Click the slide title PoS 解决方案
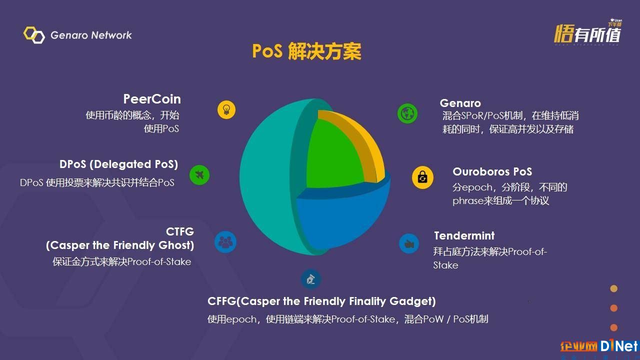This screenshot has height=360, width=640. tap(306, 51)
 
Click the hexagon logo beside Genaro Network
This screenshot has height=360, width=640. tap(34, 35)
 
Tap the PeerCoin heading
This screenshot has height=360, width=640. tap(152, 99)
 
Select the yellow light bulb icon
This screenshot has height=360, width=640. tap(226, 109)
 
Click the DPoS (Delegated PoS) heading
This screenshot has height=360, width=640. tap(118, 164)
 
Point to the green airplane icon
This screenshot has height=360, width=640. tap(199, 175)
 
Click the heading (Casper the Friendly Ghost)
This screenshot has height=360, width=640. tap(120, 245)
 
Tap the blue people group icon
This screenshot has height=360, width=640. tap(225, 242)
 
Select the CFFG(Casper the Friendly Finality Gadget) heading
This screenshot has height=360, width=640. tap(321, 301)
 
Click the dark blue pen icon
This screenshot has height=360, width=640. tap(311, 279)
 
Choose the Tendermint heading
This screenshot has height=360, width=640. tap(464, 235)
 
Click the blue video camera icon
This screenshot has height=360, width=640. tap(409, 243)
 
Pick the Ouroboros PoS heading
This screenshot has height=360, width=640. tap(492, 171)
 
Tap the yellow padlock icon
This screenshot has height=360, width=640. tap(422, 177)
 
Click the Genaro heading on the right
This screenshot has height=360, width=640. tap(460, 103)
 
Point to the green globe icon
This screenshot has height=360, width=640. tap(407, 113)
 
